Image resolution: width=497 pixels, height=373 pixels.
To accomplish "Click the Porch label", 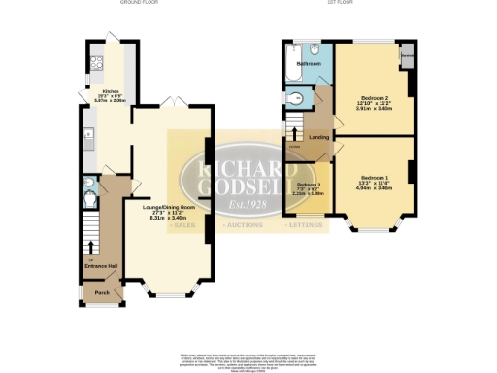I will tap(100, 291).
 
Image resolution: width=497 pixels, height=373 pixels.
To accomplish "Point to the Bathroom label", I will tap(309, 64).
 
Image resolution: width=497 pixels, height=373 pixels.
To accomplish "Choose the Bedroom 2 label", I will tap(374, 99).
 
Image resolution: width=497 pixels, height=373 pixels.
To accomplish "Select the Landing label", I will tap(317, 137).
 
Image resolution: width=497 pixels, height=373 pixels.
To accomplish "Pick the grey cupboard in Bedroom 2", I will tap(408, 56).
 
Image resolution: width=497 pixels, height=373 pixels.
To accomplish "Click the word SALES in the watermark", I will tap(181, 224).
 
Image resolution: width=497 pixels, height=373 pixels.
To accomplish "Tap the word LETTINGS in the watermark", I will tap(307, 224).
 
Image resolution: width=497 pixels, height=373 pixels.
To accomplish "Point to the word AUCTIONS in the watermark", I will tap(244, 224).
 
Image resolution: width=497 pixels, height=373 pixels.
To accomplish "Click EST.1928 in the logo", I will tap(247, 204).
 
